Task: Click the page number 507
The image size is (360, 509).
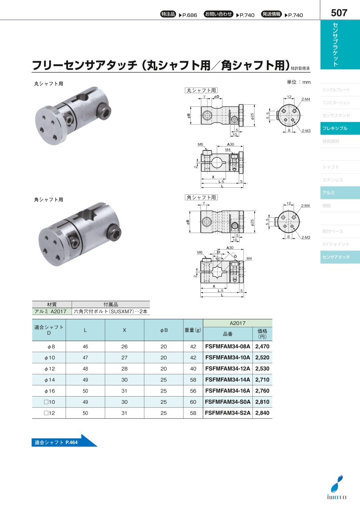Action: click(x=339, y=13)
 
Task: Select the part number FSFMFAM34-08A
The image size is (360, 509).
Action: click(x=228, y=346)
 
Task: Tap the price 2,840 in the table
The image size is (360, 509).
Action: click(x=262, y=413)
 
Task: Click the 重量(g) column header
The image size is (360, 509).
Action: click(x=193, y=330)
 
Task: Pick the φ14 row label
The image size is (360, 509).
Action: click(x=50, y=380)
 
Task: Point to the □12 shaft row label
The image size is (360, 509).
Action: click(x=49, y=413)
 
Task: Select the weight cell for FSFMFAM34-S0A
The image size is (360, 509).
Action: click(x=193, y=402)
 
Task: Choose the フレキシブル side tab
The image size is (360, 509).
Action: click(x=340, y=128)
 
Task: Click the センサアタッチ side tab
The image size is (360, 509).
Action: click(x=340, y=257)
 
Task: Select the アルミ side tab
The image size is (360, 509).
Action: click(x=340, y=193)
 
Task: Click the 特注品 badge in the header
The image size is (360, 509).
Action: click(x=168, y=14)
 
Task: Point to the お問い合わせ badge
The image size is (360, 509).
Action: click(x=218, y=14)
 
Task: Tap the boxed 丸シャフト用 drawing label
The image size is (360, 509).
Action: click(x=201, y=90)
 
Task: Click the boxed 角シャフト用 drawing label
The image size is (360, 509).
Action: click(x=201, y=197)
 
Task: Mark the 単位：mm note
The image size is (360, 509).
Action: click(x=299, y=82)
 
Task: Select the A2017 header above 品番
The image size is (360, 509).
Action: click(x=238, y=323)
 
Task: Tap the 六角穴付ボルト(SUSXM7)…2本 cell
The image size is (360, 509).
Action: click(x=111, y=311)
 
